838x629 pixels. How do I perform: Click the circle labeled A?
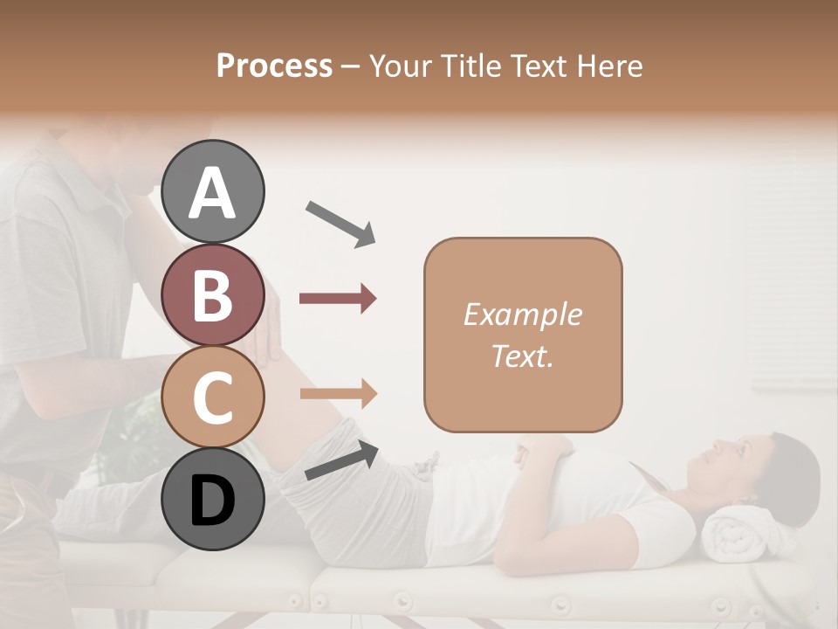click(x=213, y=191)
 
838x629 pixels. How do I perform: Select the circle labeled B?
click(x=213, y=294)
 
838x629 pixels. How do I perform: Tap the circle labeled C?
click(x=213, y=397)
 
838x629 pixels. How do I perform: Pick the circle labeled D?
click(x=213, y=500)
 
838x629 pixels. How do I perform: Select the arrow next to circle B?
click(x=338, y=299)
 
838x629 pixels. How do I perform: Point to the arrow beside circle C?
click(x=338, y=394)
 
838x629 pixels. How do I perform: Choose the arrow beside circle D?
click(x=340, y=460)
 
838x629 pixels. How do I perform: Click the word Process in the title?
click(x=274, y=66)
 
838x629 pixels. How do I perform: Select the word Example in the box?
click(x=522, y=314)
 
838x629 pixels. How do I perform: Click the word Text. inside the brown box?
click(x=522, y=356)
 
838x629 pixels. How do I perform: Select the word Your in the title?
click(x=398, y=66)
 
